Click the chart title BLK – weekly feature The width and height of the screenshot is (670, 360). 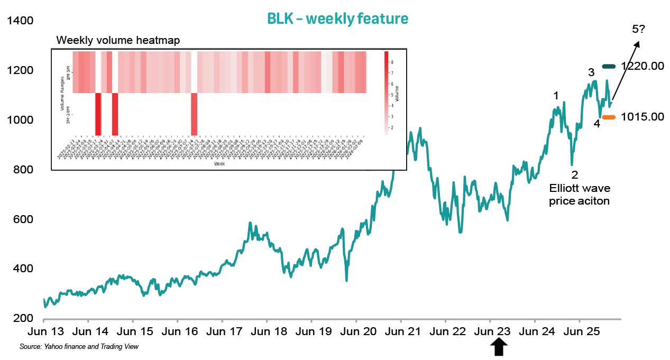(337, 19)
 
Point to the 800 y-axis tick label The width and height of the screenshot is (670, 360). (22, 170)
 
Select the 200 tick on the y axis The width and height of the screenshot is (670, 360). (22, 318)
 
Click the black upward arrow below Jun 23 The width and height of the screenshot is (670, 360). (499, 348)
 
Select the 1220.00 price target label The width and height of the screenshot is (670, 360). (643, 66)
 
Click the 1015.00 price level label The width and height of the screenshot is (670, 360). (643, 117)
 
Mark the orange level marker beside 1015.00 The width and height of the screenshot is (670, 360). (610, 117)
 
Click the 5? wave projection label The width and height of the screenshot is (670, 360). (638, 30)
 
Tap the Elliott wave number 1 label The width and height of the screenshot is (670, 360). (556, 96)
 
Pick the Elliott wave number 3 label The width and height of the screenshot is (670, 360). (592, 72)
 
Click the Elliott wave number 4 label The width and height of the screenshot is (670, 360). (596, 124)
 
